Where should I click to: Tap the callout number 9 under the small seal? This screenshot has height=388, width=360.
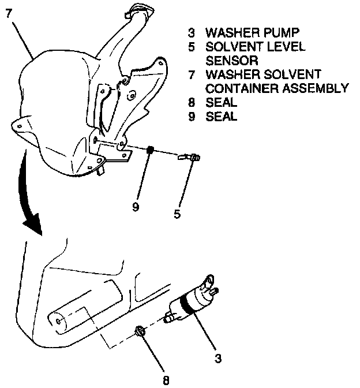[136, 206]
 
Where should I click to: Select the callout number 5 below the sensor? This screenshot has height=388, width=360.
[177, 214]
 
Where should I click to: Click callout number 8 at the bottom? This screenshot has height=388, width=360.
[166, 380]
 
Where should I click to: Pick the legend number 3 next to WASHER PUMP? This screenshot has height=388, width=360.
[191, 32]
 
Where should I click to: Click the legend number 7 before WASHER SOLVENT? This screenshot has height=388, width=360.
[191, 74]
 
